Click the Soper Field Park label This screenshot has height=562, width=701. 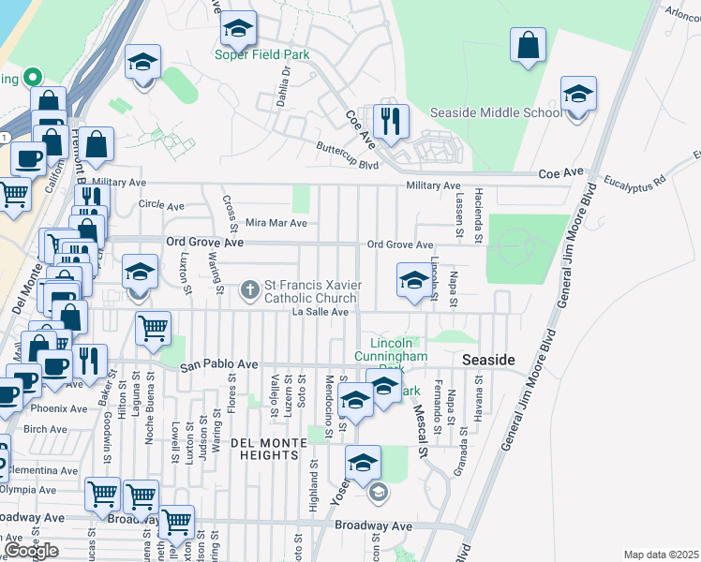262,54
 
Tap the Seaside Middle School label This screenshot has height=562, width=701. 496,112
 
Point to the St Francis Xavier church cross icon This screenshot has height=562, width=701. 250,290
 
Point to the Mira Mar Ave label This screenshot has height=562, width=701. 276,224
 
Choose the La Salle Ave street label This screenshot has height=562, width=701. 321,312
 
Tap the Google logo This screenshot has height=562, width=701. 31,550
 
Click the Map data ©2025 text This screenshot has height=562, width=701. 661,555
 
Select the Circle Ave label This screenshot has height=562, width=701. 161,205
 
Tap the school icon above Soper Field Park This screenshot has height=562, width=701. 239,30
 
